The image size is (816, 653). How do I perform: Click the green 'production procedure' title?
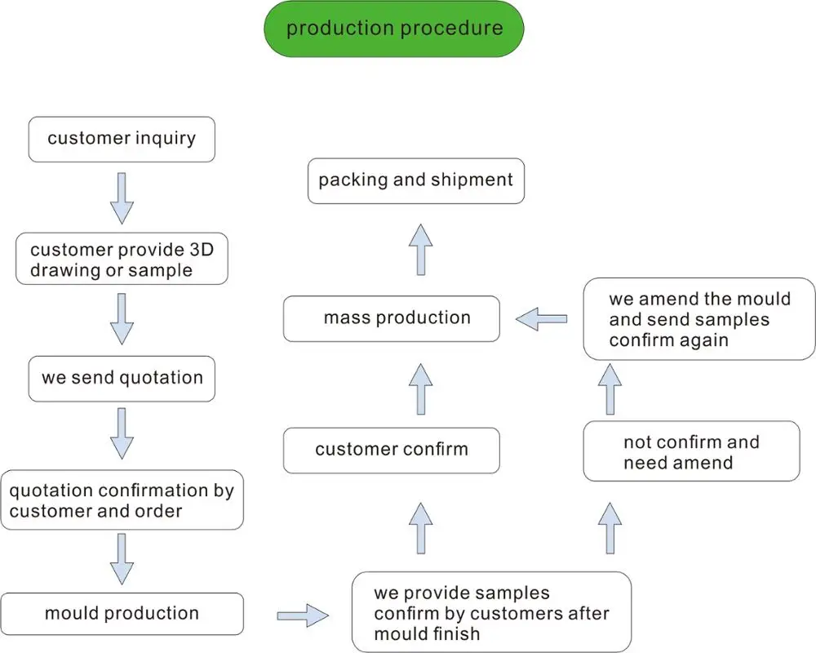(x=393, y=29)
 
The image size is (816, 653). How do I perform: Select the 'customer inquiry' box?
(x=122, y=138)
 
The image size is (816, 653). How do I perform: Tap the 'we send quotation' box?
(x=122, y=378)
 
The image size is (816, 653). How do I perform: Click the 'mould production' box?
(x=122, y=614)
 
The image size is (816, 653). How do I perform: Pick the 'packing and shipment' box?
(x=415, y=180)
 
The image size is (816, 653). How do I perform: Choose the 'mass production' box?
(x=392, y=318)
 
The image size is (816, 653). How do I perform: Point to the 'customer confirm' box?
(x=392, y=450)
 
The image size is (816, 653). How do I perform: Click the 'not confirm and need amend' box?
(x=691, y=451)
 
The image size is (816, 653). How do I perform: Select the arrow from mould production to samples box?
(x=302, y=615)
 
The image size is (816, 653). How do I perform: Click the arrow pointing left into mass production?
(x=541, y=318)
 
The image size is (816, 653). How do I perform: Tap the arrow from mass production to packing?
(x=420, y=249)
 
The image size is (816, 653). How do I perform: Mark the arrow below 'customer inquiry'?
(x=122, y=197)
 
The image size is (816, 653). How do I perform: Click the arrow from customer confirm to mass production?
(x=420, y=389)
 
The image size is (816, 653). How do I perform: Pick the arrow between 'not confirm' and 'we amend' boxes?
(x=610, y=389)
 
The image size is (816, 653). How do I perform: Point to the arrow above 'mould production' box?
(x=122, y=560)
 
